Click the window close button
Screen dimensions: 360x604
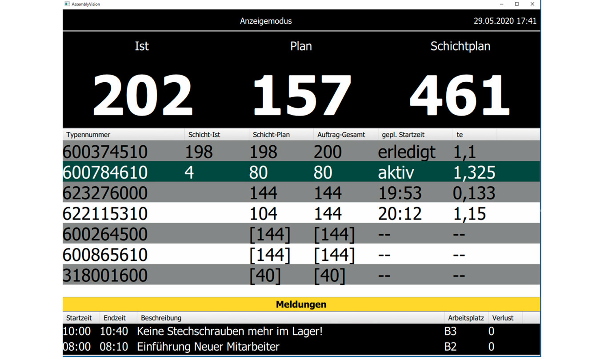coord(532,4)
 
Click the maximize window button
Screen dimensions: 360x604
coord(517,4)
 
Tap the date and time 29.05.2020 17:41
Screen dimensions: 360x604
coord(505,21)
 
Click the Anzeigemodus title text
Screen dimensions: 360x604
coord(266,21)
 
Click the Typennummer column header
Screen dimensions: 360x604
coord(88,135)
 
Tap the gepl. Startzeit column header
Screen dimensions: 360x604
coord(403,135)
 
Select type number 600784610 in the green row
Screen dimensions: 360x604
coord(105,172)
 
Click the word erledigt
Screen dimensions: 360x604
coord(407,152)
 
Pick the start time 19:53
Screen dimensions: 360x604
coord(400,193)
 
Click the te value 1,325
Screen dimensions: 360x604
coord(474,172)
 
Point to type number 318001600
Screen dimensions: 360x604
coord(105,275)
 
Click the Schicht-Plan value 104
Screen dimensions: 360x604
coord(264,214)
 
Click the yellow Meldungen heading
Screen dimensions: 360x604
coord(301,304)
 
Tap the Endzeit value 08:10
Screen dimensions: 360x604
coord(114,347)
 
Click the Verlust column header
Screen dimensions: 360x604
coord(503,318)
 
